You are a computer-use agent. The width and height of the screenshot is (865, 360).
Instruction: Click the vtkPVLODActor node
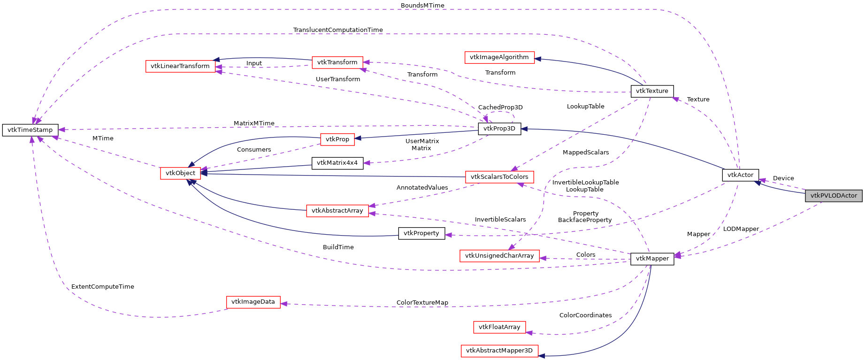click(834, 196)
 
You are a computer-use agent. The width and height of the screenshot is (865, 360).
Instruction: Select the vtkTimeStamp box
click(30, 130)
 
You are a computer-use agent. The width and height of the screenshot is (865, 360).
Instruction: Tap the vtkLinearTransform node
click(180, 66)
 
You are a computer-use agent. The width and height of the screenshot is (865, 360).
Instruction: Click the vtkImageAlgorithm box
click(499, 57)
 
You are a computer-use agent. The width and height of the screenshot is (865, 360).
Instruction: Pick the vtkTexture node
click(652, 91)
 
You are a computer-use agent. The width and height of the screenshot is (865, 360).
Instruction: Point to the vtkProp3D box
click(499, 129)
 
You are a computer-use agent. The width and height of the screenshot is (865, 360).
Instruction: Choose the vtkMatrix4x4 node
click(337, 163)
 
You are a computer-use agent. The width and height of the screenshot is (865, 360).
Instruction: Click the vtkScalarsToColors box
click(499, 177)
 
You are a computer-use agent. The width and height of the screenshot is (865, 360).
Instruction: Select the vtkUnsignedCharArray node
click(499, 256)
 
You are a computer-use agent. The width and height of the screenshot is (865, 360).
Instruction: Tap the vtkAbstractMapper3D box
click(499, 351)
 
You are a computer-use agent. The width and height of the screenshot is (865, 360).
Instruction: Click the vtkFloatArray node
click(499, 327)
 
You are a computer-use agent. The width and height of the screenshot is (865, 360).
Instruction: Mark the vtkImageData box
click(253, 302)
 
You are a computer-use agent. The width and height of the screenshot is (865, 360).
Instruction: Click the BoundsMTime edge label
click(422, 6)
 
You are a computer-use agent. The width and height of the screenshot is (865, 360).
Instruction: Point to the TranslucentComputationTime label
click(338, 30)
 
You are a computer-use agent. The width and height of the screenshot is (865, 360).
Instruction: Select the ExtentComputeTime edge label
click(103, 287)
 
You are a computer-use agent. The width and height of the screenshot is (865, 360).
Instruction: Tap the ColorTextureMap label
click(422, 303)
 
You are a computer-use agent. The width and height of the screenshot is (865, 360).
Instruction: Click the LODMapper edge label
click(741, 229)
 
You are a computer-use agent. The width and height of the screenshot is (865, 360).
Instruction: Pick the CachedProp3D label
click(500, 107)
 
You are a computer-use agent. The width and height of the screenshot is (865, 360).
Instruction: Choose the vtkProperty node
click(421, 233)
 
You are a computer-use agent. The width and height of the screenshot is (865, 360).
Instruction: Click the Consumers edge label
click(254, 150)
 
